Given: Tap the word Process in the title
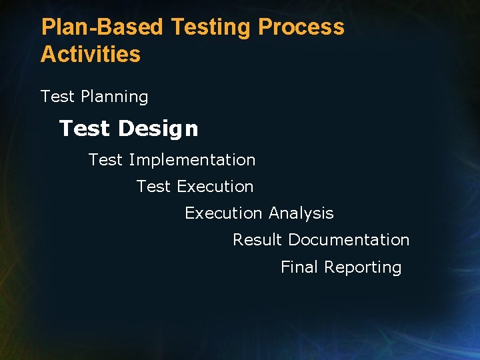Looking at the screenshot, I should pyautogui.click(x=301, y=27).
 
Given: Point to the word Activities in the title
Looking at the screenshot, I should pyautogui.click(x=91, y=54).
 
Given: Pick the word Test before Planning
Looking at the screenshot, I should pyautogui.click(x=57, y=97).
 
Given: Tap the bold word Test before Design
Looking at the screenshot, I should pyautogui.click(x=84, y=128).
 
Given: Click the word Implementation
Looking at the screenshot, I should pyautogui.click(x=192, y=160).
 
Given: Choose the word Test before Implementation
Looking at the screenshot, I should pyautogui.click(x=106, y=160).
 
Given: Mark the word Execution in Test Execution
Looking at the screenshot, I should pyautogui.click(x=215, y=187).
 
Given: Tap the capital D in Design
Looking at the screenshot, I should pyautogui.click(x=125, y=128).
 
